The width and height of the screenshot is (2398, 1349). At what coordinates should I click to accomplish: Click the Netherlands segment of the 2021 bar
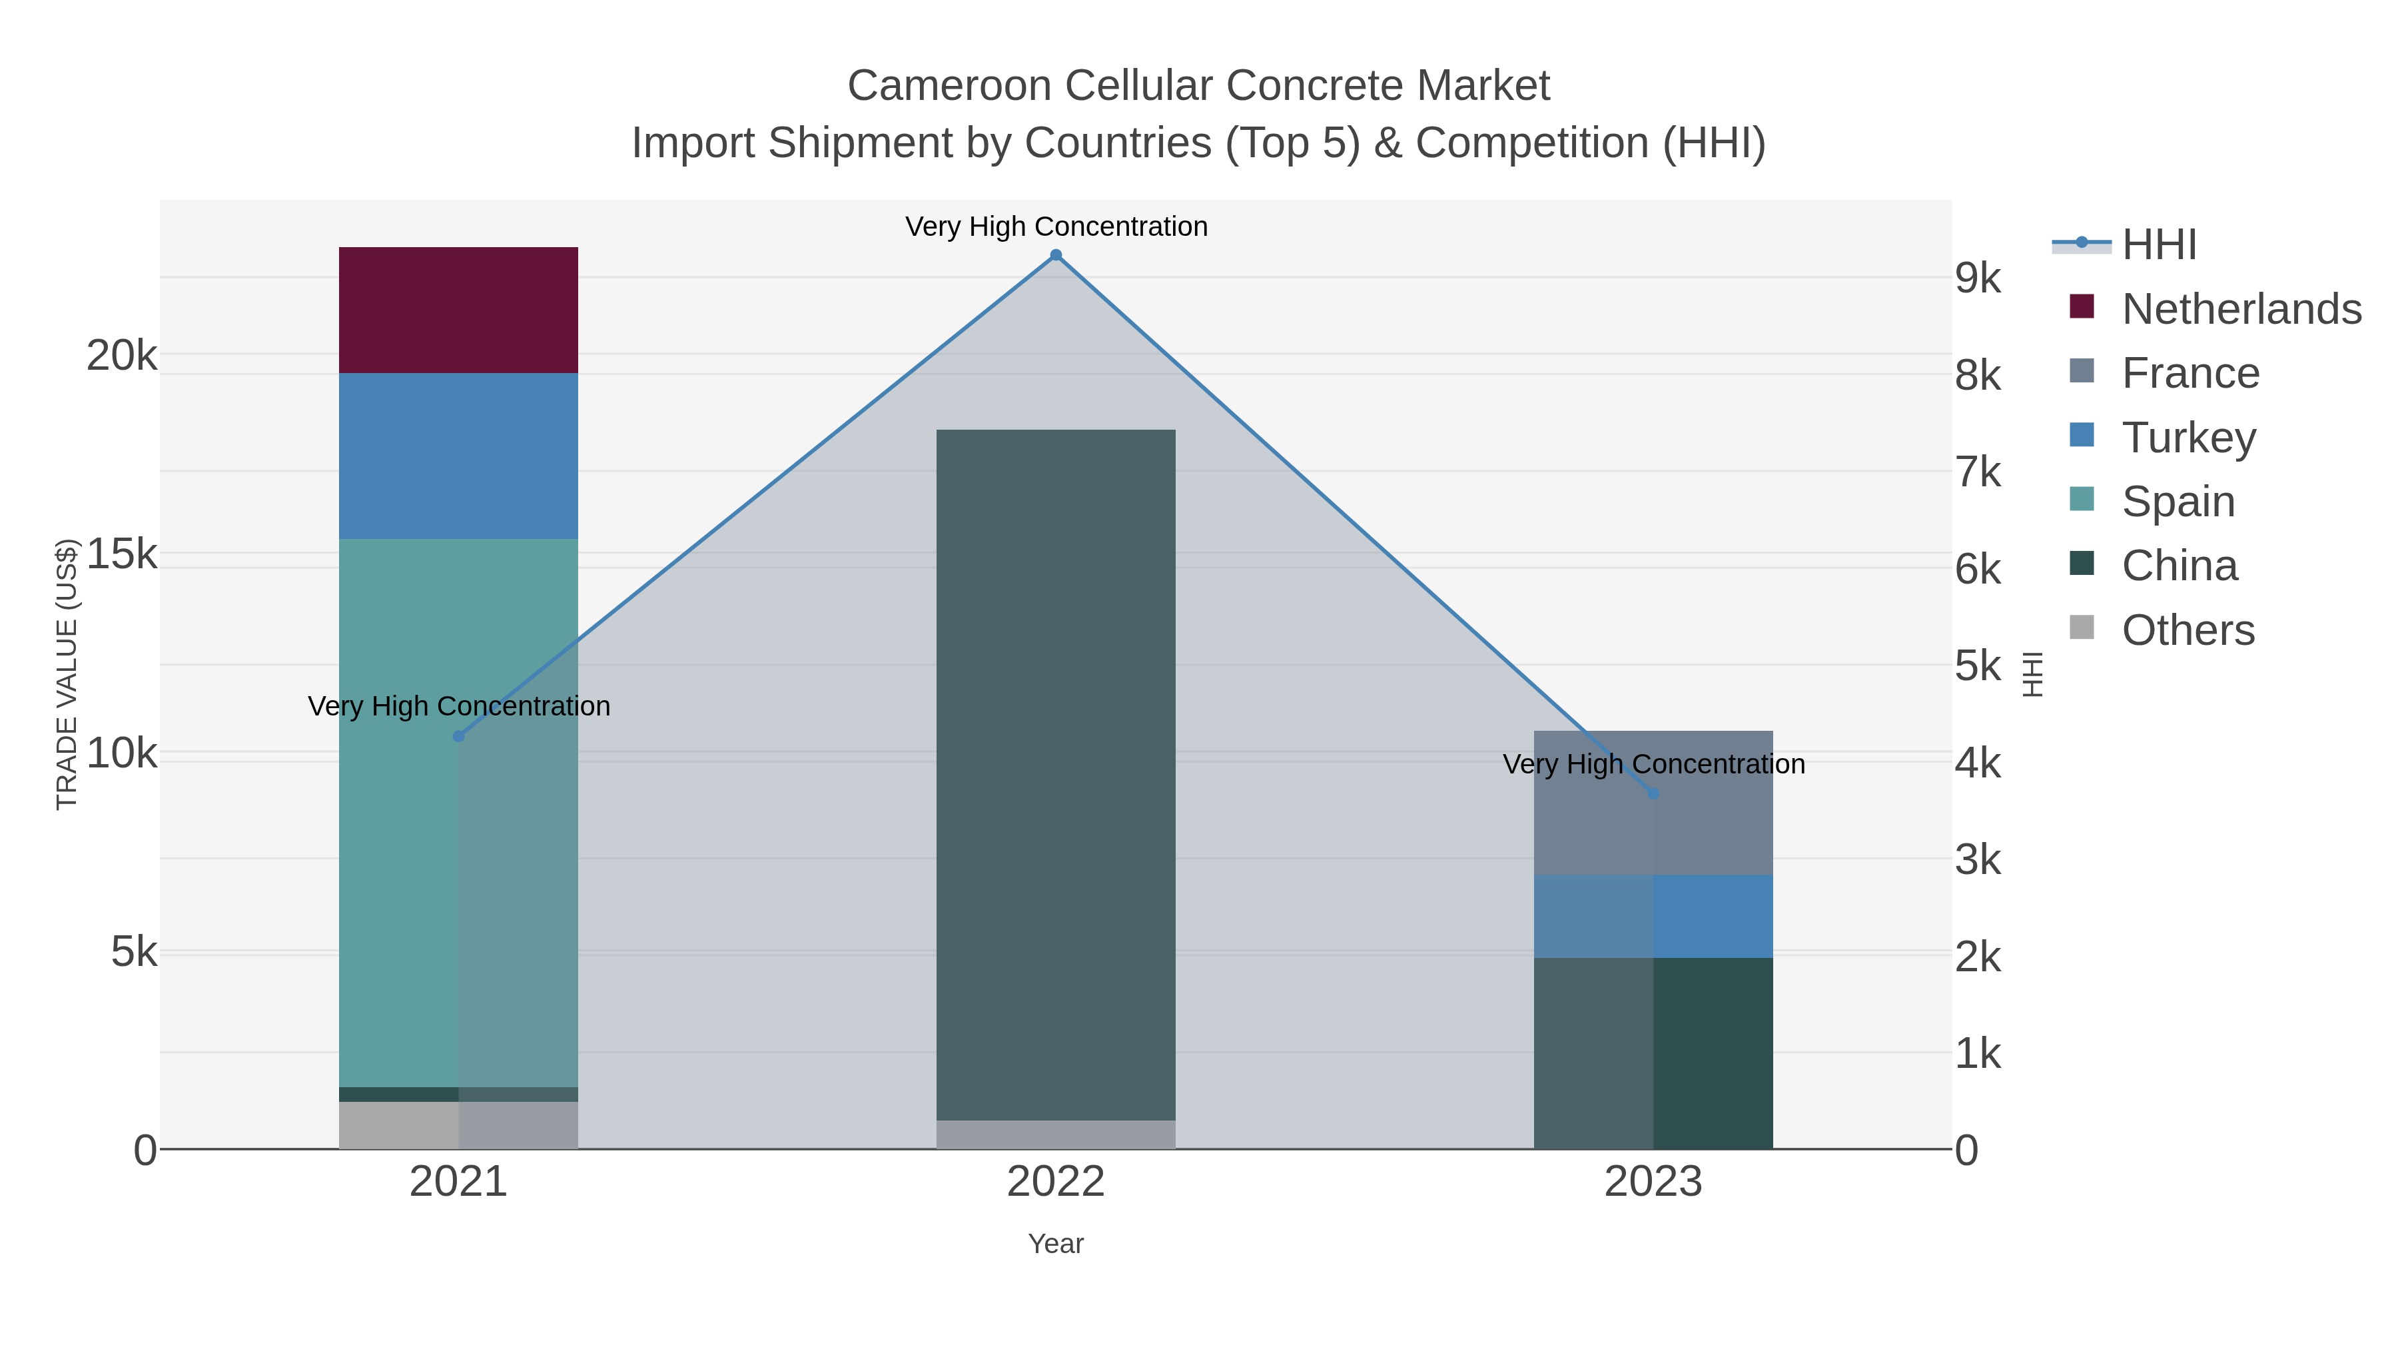(x=458, y=310)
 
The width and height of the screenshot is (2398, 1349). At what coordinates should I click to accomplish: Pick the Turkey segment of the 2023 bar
(x=1653, y=916)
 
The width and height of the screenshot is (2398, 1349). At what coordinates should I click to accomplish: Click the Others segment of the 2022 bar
(x=1056, y=1134)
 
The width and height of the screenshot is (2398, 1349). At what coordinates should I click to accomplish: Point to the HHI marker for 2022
(x=1056, y=255)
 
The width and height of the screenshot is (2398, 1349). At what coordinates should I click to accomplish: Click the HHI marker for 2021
(x=458, y=736)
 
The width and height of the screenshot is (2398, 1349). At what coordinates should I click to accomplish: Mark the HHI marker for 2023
(x=1653, y=794)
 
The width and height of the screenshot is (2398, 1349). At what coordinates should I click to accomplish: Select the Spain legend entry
(x=2178, y=502)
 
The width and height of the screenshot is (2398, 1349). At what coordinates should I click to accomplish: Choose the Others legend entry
(x=2187, y=630)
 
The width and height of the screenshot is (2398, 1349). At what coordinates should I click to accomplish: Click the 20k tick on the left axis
(x=122, y=356)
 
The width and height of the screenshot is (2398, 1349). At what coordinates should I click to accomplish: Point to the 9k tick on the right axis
(x=1978, y=278)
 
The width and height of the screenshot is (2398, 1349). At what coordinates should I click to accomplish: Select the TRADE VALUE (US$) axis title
(x=67, y=674)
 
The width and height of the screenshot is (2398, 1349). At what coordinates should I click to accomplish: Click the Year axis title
(x=1056, y=1244)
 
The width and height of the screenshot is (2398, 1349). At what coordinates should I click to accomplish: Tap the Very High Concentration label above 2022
(x=1056, y=226)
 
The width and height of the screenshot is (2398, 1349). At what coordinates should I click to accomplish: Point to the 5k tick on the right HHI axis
(x=1978, y=667)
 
